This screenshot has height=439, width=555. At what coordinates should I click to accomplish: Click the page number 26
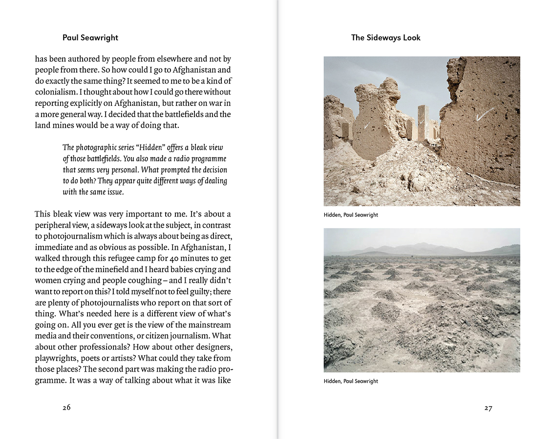[x=66, y=408]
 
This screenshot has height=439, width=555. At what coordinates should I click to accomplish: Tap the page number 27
[x=488, y=408]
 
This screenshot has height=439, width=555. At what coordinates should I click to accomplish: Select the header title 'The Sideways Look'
[x=385, y=38]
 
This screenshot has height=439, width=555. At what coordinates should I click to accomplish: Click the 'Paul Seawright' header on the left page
[x=90, y=38]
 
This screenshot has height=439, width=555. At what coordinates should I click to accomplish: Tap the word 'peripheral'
[x=55, y=225]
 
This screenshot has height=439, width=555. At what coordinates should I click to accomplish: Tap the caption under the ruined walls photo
[x=351, y=215]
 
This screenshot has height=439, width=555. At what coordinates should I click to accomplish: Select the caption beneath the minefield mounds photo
[x=351, y=381]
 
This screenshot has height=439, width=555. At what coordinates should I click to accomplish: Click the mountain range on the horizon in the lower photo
[x=420, y=249]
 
